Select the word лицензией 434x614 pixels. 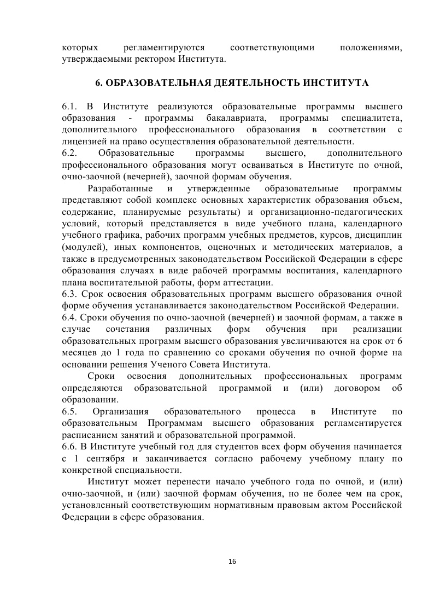[x=81, y=141]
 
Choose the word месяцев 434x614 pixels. [x=79, y=353]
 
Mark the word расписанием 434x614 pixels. [x=88, y=435]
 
